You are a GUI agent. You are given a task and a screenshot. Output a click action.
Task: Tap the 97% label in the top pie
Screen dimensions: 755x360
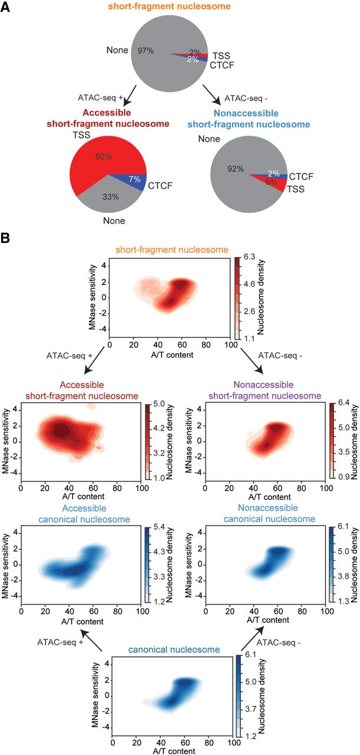(x=146, y=51)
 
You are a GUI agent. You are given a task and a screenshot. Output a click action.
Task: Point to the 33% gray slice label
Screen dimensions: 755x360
(x=108, y=197)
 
